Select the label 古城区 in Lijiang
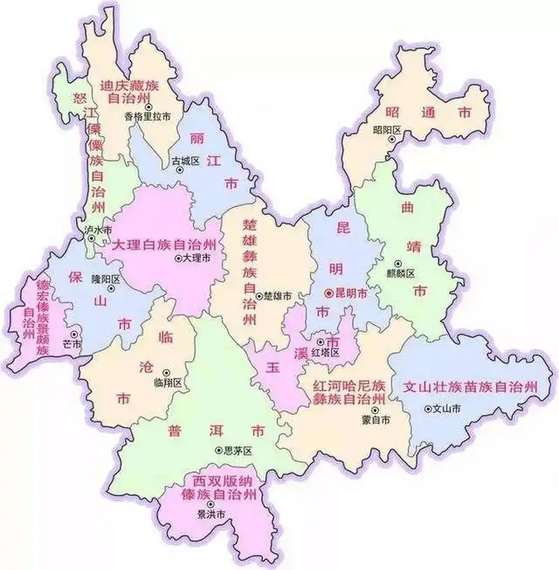click(x=187, y=161)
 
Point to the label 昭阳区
click(x=386, y=130)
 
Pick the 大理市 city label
click(x=196, y=258)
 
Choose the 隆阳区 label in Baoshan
click(x=106, y=279)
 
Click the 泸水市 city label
click(x=98, y=230)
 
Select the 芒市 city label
click(x=72, y=344)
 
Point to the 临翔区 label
click(x=167, y=383)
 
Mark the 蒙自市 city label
click(x=376, y=419)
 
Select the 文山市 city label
click(x=447, y=409)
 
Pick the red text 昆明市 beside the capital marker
click(x=351, y=295)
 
